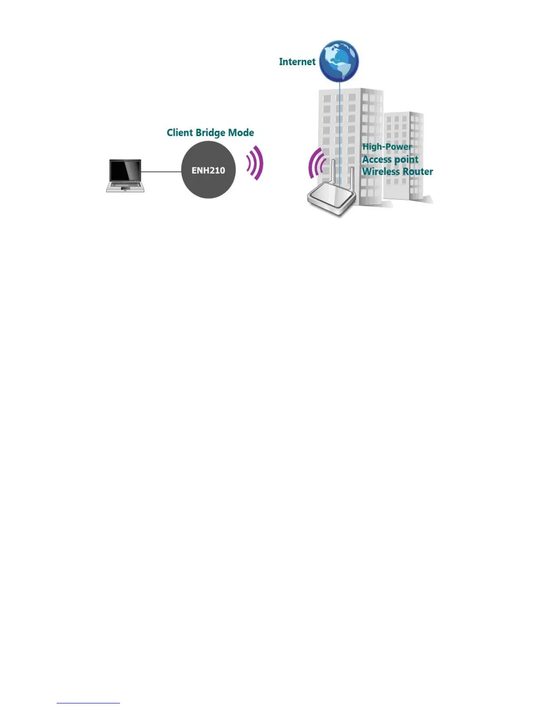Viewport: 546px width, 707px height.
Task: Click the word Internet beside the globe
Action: click(297, 62)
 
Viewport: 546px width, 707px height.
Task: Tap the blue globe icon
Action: click(339, 61)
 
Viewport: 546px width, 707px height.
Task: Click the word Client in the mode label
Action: click(180, 133)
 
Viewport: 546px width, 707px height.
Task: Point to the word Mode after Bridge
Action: click(241, 133)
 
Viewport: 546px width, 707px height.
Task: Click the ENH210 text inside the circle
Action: click(208, 171)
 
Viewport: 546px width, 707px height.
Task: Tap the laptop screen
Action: click(125, 170)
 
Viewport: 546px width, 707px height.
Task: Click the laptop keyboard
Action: click(125, 184)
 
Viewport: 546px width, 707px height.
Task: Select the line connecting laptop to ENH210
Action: click(161, 171)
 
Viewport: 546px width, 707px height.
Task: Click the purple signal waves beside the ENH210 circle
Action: click(256, 163)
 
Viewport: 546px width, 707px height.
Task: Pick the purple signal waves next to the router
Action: click(316, 164)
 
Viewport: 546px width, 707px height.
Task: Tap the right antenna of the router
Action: click(353, 179)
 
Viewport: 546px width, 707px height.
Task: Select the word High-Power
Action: click(387, 147)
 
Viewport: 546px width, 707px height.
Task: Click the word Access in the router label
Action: click(377, 159)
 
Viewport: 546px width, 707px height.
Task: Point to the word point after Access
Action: click(406, 160)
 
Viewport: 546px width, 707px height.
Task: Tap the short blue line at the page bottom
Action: click(88, 703)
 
